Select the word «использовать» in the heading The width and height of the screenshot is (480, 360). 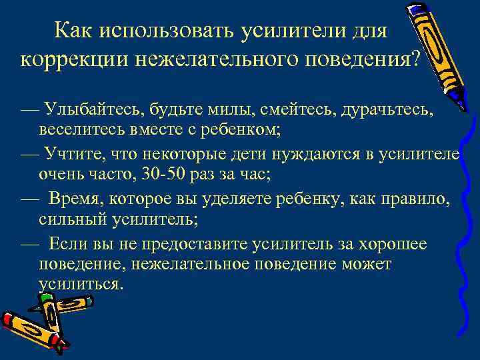(158, 30)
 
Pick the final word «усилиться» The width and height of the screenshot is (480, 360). (81, 282)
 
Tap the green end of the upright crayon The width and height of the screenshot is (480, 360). (45, 299)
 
